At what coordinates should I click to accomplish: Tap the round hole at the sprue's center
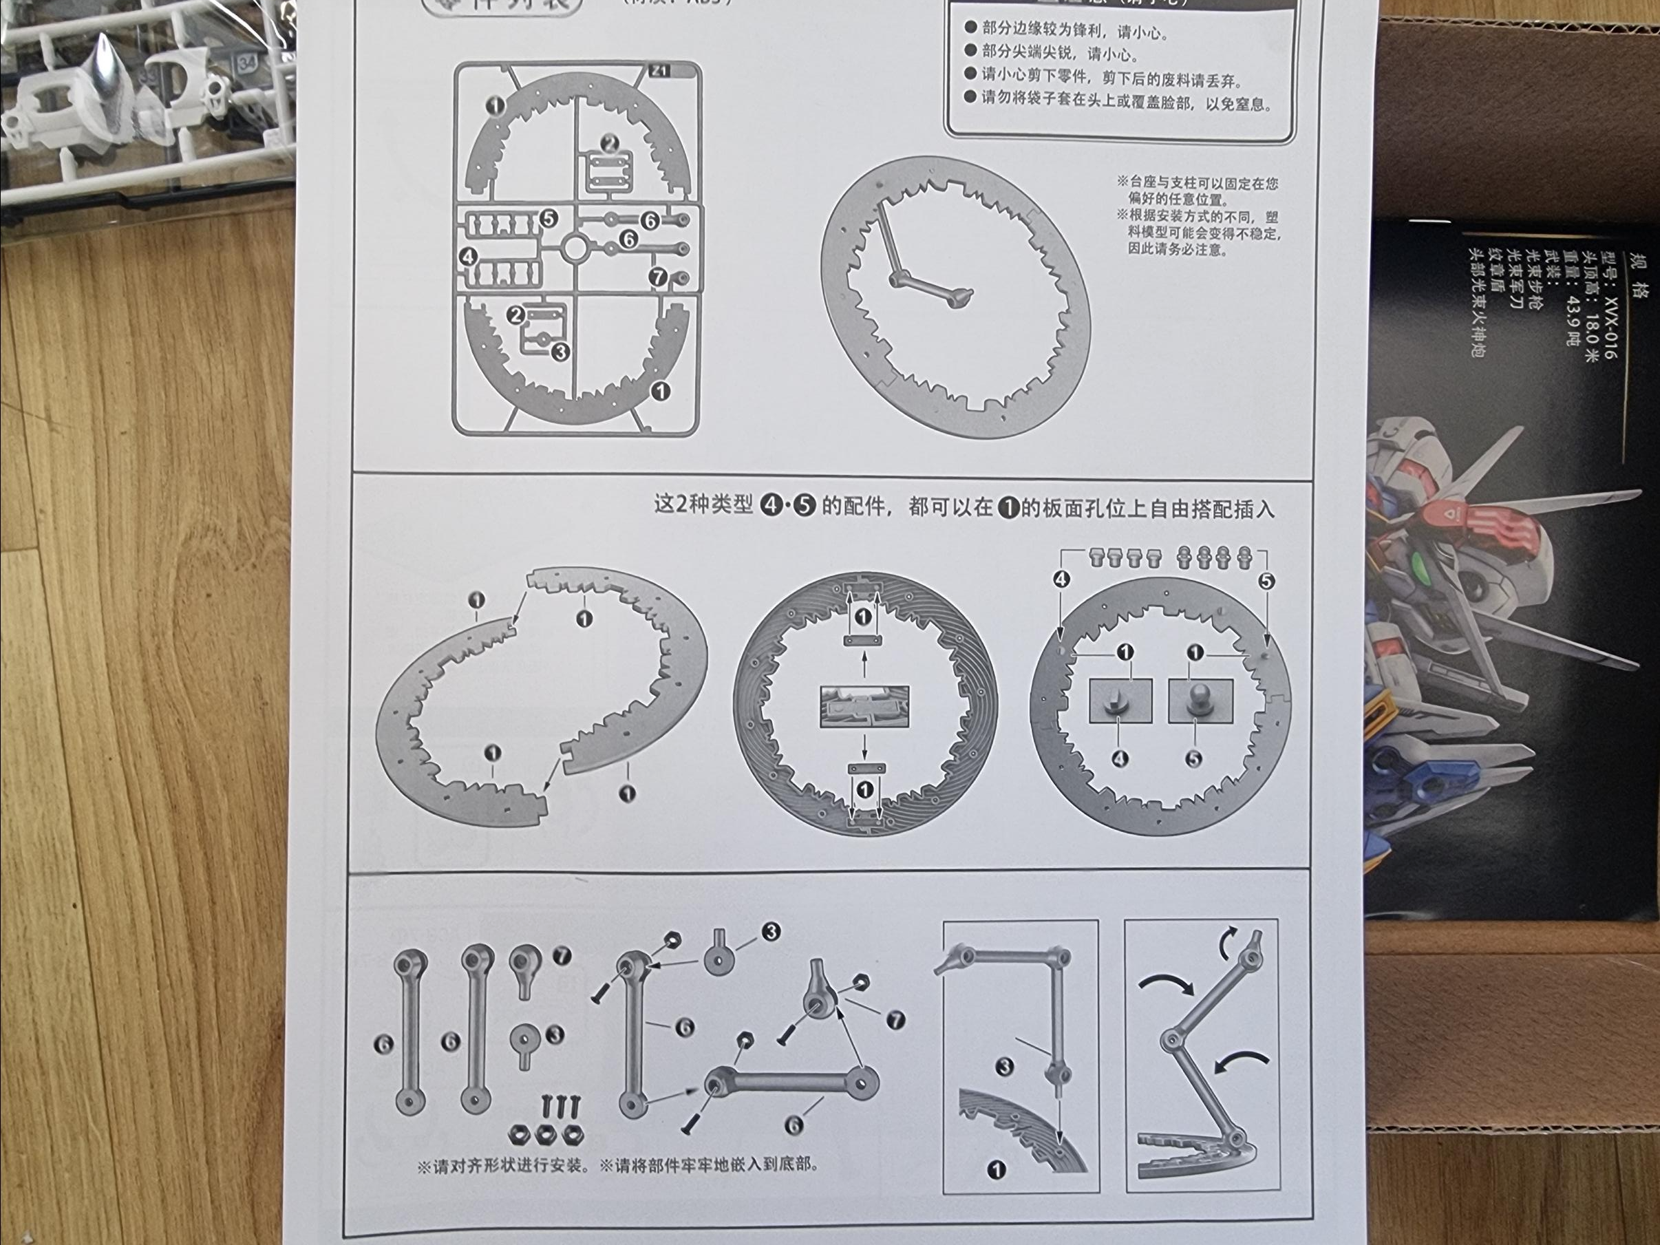click(574, 246)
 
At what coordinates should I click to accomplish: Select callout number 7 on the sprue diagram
click(658, 277)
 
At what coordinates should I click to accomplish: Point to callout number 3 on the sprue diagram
click(560, 350)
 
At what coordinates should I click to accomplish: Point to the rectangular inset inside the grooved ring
click(864, 706)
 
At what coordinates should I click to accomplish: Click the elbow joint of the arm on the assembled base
click(896, 279)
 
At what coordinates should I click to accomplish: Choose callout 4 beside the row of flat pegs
click(1061, 579)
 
